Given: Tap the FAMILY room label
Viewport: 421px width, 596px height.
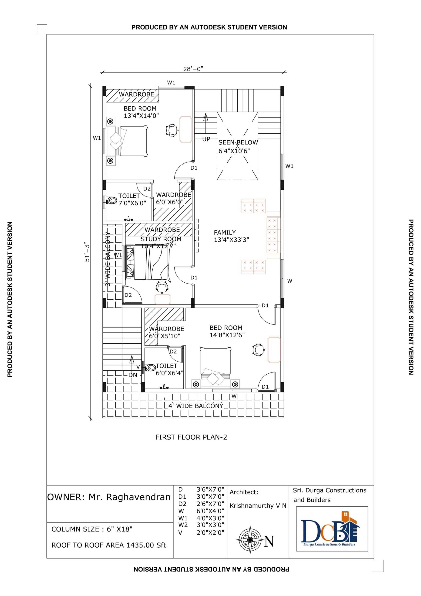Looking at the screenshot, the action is point(225,233).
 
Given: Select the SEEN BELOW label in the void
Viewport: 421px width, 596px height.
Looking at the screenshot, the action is point(238,142).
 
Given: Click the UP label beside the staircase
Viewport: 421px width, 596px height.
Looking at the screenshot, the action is point(206,139).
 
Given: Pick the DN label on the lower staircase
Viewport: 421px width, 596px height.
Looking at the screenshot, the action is point(133,375).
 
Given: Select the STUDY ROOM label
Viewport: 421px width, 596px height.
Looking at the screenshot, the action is point(161,239).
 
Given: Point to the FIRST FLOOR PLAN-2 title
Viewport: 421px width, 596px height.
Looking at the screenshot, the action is point(191,437).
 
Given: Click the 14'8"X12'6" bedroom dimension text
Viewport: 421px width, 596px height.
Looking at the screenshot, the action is point(227,335).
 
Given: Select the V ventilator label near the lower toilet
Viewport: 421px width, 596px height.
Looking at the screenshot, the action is point(138,367).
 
